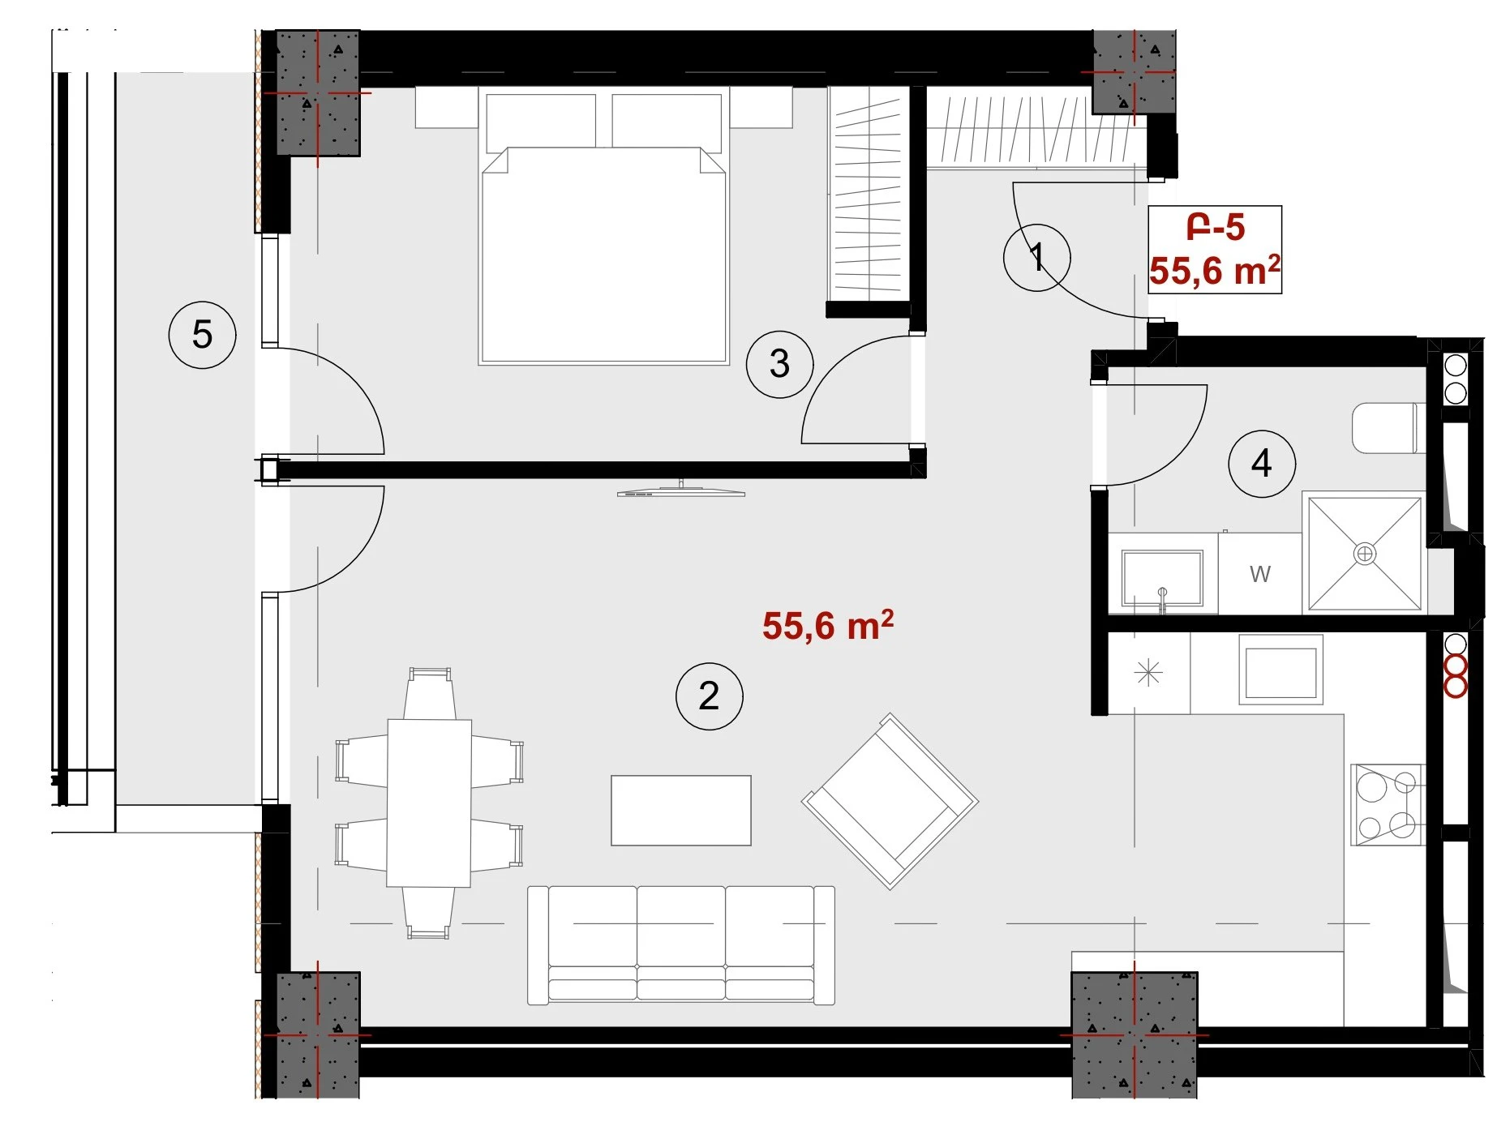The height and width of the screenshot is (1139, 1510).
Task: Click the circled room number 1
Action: (1036, 258)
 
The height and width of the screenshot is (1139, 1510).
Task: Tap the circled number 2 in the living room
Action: (709, 696)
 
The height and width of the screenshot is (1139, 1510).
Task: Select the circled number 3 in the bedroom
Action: (779, 363)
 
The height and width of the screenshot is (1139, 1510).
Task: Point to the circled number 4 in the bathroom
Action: (1261, 464)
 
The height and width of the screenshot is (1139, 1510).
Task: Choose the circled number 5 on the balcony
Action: (202, 334)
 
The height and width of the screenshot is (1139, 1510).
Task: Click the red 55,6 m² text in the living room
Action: (828, 625)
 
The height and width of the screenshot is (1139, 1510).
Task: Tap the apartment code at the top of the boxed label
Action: (1215, 227)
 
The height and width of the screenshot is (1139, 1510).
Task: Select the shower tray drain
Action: (1365, 554)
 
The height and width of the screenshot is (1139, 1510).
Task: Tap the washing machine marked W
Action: (1259, 573)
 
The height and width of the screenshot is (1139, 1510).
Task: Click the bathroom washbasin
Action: (1162, 577)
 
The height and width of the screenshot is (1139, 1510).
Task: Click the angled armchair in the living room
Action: (890, 801)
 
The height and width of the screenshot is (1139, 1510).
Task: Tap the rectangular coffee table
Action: (680, 811)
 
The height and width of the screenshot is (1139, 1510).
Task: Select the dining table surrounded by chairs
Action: (429, 803)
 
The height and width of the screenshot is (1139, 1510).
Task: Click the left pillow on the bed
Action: (540, 122)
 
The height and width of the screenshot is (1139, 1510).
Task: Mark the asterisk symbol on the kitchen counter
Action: (1148, 673)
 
